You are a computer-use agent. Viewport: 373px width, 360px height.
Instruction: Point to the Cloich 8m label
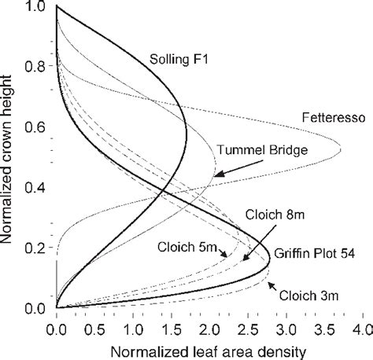[x=297, y=213]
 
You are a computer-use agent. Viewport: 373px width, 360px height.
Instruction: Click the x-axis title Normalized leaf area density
[x=209, y=347]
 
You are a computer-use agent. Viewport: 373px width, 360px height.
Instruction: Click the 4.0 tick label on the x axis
[x=360, y=322]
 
